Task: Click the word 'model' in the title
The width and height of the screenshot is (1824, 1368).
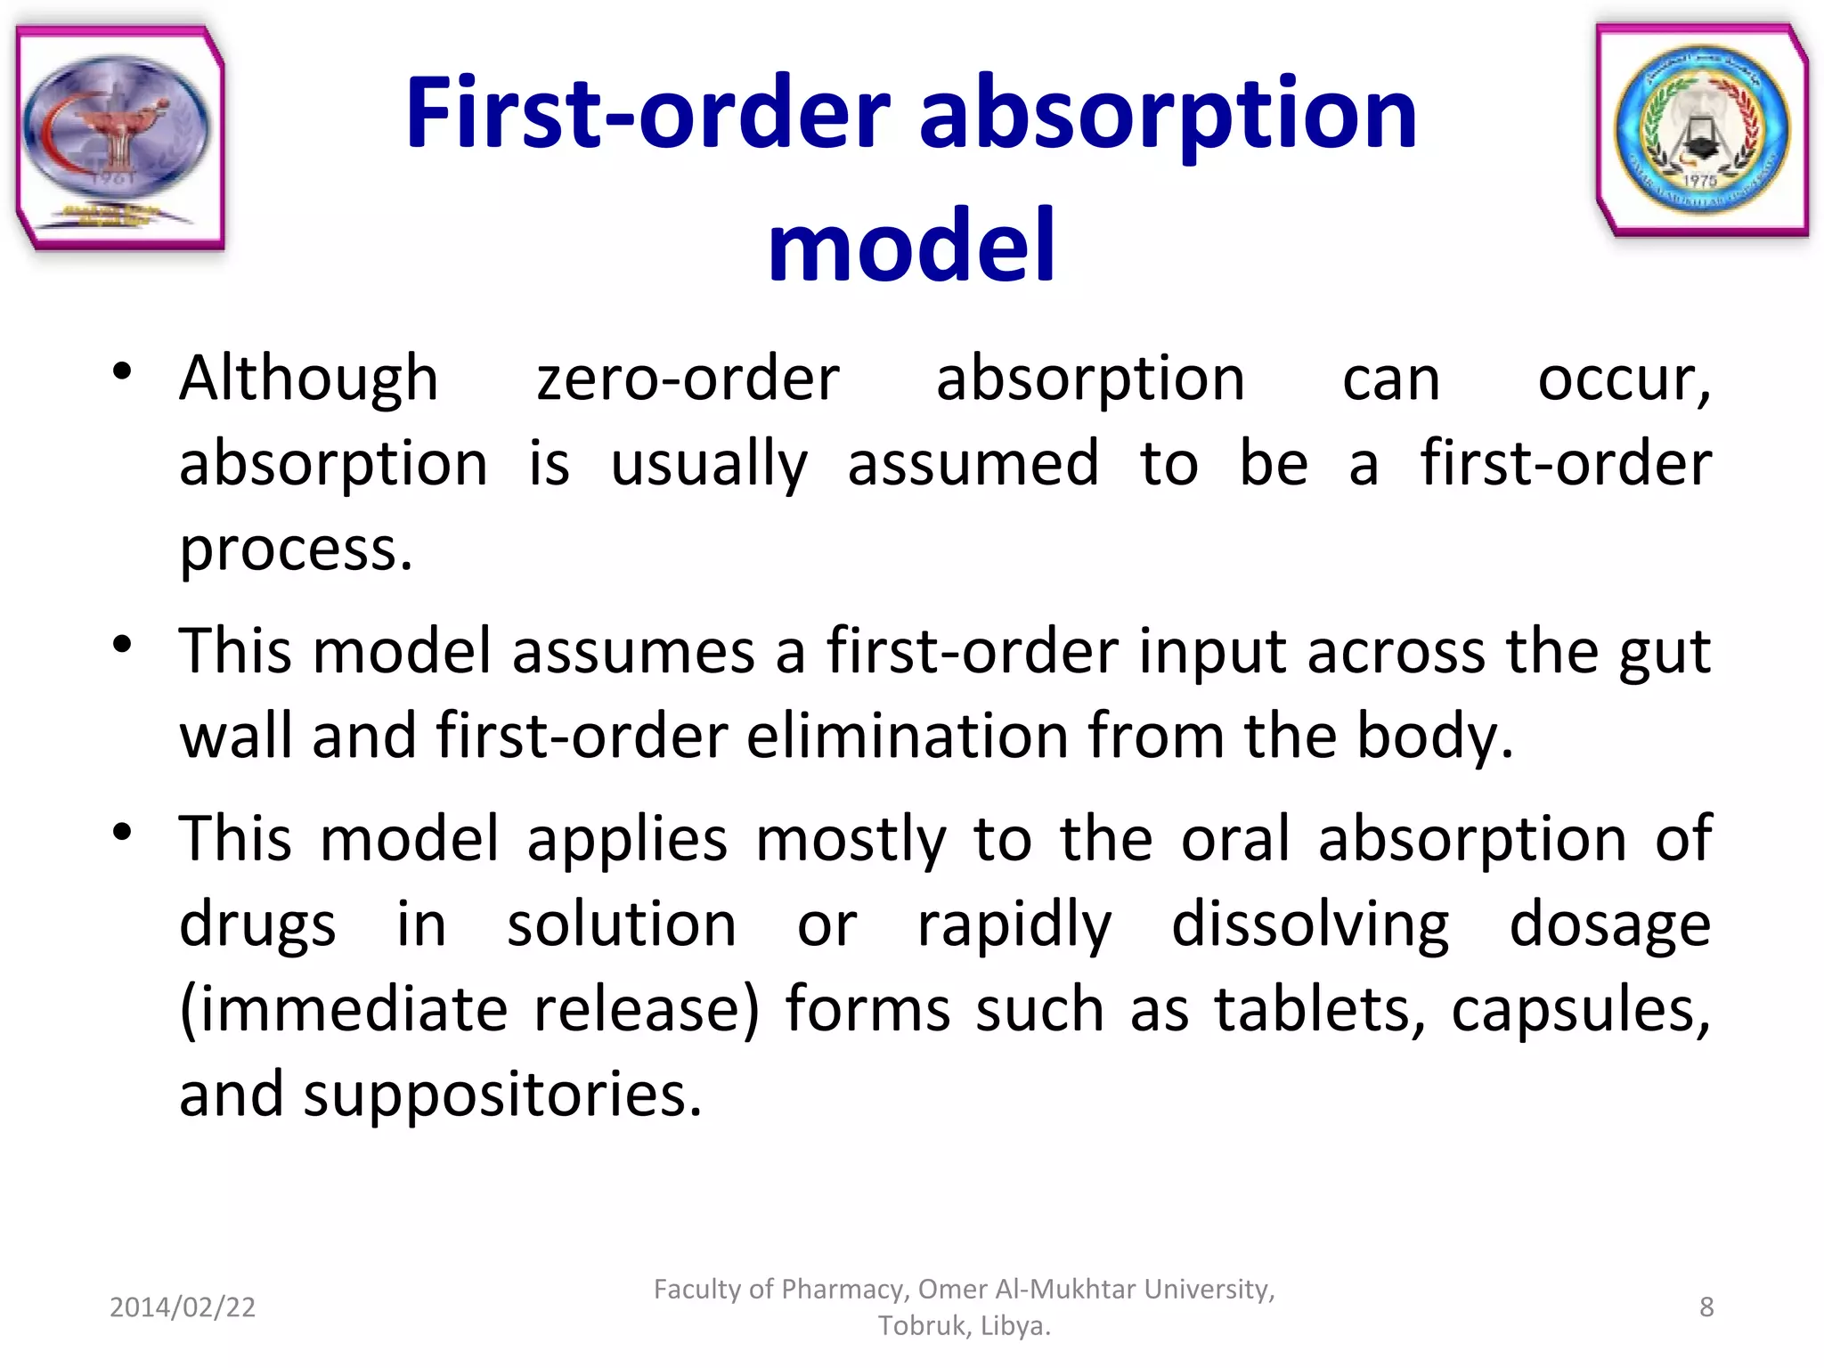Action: click(911, 245)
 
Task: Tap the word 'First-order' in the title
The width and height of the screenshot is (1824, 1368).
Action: click(647, 114)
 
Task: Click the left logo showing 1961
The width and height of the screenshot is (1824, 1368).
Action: click(118, 138)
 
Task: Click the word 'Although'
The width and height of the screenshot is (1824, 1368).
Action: click(309, 379)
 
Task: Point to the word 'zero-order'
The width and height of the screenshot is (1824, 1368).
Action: click(688, 379)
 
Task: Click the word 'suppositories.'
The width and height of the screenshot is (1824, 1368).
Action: click(503, 1095)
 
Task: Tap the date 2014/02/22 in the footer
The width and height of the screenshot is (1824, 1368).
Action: click(183, 1307)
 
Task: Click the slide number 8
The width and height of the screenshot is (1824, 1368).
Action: click(1706, 1307)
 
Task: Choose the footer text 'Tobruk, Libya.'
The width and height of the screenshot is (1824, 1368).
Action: click(965, 1326)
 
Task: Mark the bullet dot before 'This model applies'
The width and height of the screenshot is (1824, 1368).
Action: click(123, 832)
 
